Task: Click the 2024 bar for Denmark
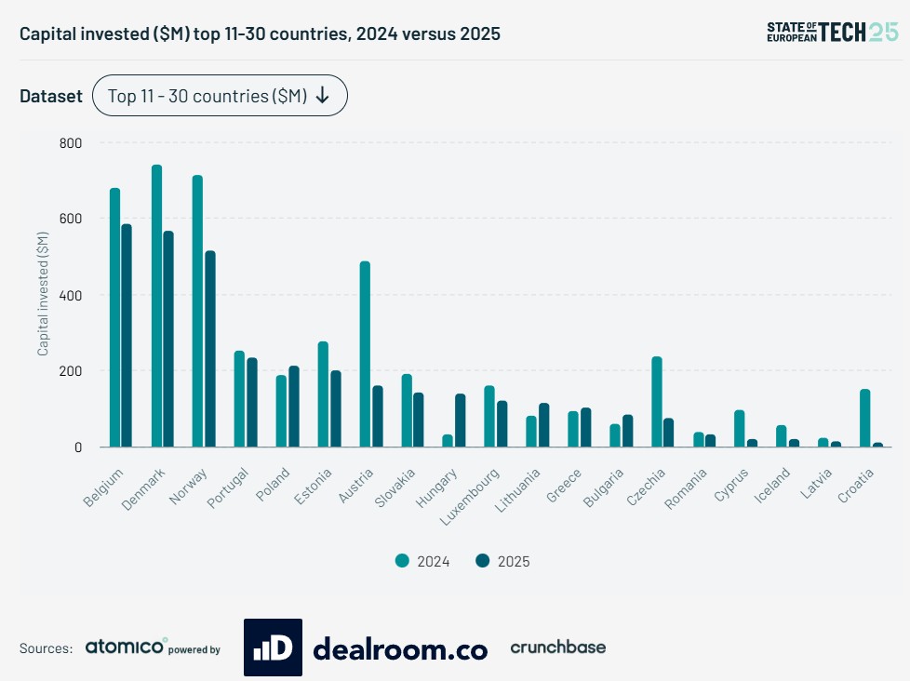(156, 306)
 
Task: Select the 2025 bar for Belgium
(127, 336)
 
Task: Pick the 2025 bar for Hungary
(460, 421)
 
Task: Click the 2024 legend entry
(422, 561)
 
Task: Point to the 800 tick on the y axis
(71, 143)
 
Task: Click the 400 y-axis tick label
(71, 295)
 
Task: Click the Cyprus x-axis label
(731, 486)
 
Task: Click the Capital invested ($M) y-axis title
(43, 295)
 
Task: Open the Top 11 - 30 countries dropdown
(220, 96)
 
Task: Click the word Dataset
(51, 96)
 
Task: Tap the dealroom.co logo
(366, 648)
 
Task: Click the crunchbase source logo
(557, 648)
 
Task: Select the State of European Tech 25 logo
(832, 32)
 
